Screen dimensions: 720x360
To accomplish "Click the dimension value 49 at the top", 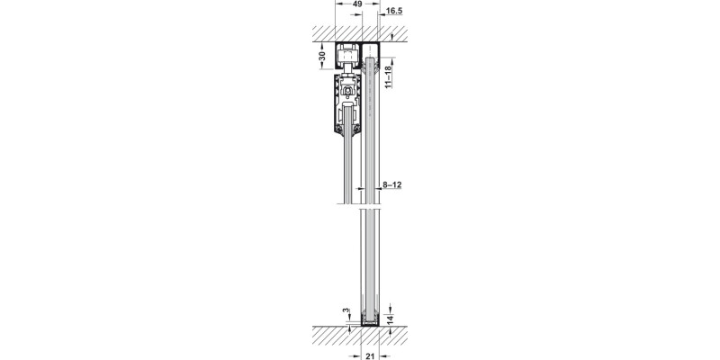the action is click(357, 4).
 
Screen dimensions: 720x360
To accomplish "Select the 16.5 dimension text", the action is click(394, 11).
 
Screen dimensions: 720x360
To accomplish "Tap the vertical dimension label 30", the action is click(322, 57).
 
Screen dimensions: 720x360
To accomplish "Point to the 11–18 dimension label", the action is click(389, 76).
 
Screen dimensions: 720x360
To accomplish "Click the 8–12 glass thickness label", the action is click(392, 185).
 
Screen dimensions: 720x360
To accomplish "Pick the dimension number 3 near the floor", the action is click(346, 310).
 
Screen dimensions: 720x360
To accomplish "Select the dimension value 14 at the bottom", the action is click(389, 319).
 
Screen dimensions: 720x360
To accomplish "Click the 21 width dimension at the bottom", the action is click(369, 355).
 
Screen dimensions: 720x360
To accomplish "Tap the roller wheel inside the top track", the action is click(348, 58).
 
